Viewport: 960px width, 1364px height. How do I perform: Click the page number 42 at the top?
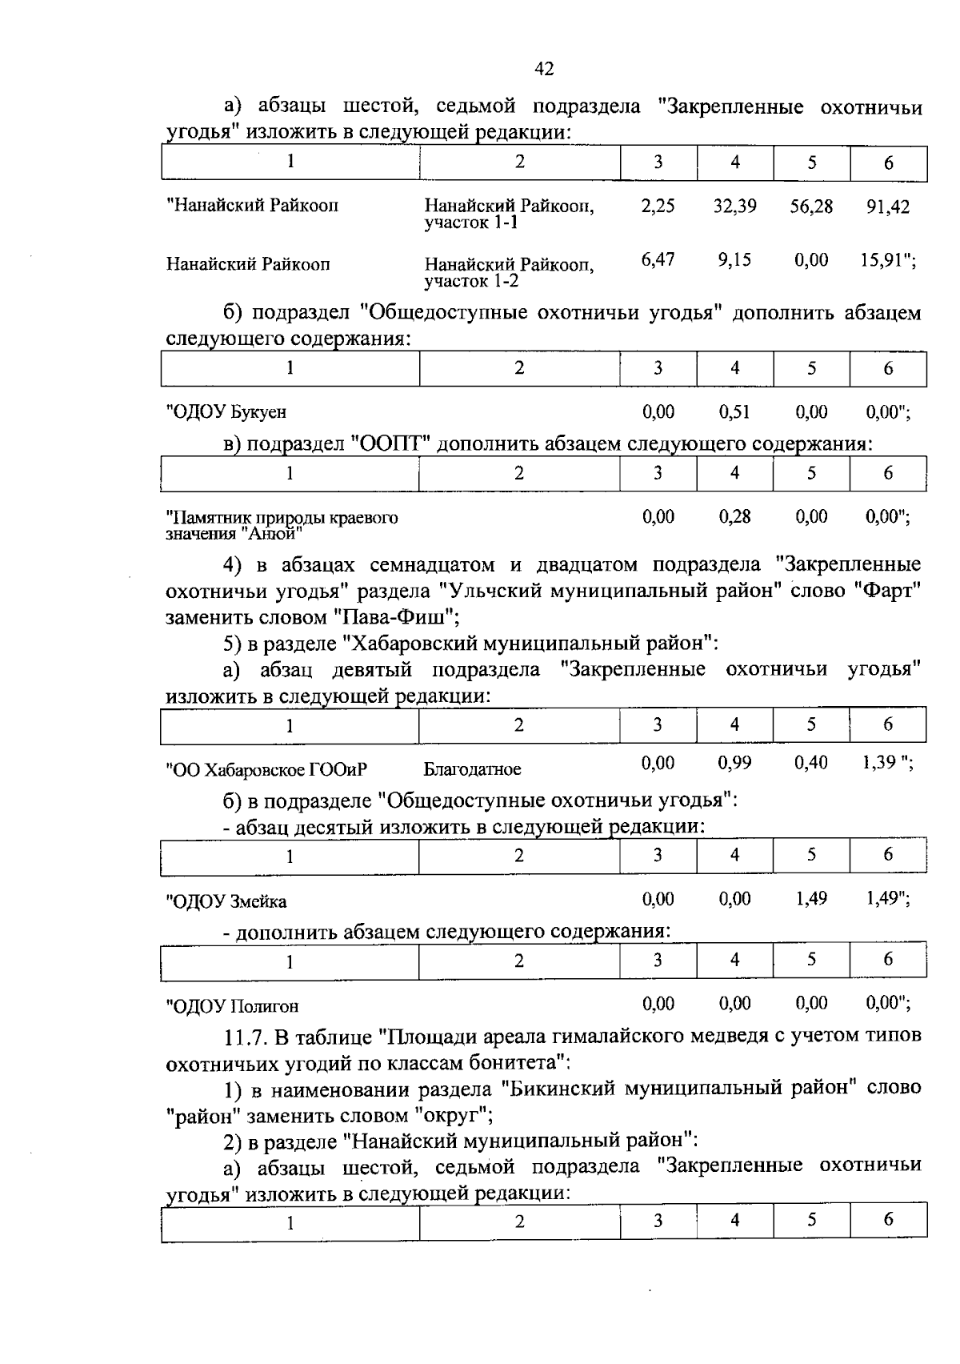[x=544, y=69]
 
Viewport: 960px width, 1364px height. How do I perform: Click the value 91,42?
[x=887, y=207]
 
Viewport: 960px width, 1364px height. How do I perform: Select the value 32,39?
[x=734, y=207]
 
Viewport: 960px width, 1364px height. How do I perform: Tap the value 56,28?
[x=811, y=207]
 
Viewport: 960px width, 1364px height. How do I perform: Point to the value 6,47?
[x=658, y=260]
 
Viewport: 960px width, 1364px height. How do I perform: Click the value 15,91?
[x=885, y=260]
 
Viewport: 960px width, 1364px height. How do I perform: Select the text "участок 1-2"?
[x=471, y=281]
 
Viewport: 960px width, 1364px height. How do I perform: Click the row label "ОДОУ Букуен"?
[x=226, y=413]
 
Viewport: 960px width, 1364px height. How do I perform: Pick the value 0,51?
[x=734, y=412]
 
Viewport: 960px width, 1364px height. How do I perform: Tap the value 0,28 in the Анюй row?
[x=734, y=516]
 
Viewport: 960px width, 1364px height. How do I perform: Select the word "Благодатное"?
[x=472, y=769]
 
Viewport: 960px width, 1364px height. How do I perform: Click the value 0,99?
[x=734, y=763]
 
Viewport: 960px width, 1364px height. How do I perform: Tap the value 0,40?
[x=811, y=763]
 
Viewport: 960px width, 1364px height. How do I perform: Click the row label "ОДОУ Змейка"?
[x=226, y=901]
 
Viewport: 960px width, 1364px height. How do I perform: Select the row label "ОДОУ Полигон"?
[x=232, y=1006]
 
